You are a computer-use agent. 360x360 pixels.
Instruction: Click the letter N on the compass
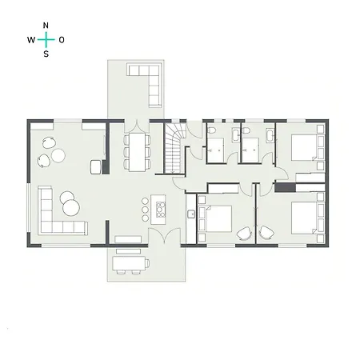(x=46, y=25)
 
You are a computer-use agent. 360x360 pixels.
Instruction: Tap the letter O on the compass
(x=62, y=39)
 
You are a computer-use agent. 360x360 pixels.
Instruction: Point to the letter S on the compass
(x=46, y=54)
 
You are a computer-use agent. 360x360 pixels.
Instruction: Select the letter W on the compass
(x=31, y=39)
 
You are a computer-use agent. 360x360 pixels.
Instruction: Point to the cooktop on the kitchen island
(x=159, y=210)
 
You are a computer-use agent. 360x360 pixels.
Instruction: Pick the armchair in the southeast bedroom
(x=266, y=233)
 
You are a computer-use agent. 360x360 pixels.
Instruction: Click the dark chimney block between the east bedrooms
(x=285, y=187)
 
